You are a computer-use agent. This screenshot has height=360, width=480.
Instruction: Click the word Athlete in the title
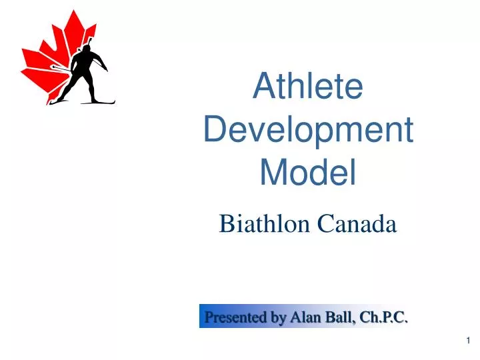(x=308, y=87)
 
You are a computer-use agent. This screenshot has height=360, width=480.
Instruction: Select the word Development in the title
(x=308, y=130)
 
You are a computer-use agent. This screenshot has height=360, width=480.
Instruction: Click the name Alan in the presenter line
(x=303, y=317)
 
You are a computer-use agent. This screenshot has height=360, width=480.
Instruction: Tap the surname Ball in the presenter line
(x=337, y=317)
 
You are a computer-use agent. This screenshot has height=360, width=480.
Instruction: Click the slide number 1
(x=469, y=341)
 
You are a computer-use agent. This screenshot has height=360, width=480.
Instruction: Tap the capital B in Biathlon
(x=226, y=225)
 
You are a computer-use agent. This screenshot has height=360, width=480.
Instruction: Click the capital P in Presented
(x=209, y=317)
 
